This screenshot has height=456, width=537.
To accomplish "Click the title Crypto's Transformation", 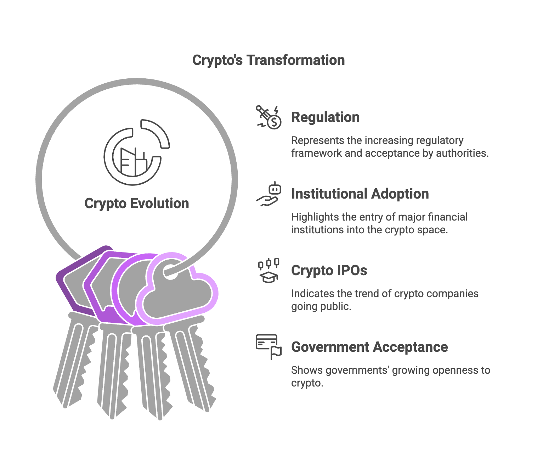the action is coord(268,60).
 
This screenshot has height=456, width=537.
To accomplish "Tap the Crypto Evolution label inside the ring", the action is coord(137,204).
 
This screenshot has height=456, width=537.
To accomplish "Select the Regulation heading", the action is coord(325,117).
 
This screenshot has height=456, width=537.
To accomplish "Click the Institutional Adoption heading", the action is coord(360,194).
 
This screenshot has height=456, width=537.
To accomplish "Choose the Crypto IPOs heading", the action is coord(329,270).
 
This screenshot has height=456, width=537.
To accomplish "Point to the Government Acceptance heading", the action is coord(369,347).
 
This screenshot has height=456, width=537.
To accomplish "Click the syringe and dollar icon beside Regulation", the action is coord(268,117).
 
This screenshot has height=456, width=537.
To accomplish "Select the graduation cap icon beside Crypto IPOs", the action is coord(268,271).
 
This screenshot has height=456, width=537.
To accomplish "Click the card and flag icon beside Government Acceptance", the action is coord(268,347).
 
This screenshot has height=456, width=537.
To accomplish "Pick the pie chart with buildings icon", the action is coord(137,152).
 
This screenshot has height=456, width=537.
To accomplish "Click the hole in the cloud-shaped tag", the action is coord(170,272).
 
